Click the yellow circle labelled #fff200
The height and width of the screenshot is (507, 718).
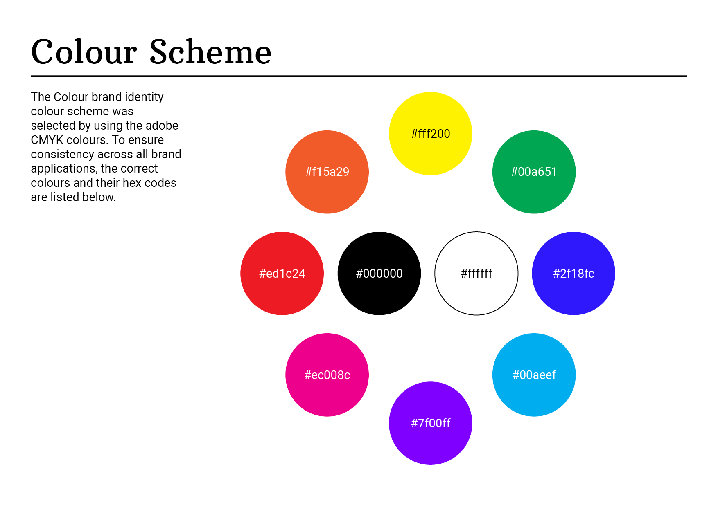pyautogui.click(x=430, y=134)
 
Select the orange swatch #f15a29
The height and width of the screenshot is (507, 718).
pyautogui.click(x=327, y=172)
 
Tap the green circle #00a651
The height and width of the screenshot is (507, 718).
pyautogui.click(x=534, y=172)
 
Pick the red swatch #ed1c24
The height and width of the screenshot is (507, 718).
pyautogui.click(x=282, y=273)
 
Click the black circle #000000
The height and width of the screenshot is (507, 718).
pyautogui.click(x=379, y=273)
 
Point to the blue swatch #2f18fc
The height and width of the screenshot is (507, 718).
pyautogui.click(x=573, y=273)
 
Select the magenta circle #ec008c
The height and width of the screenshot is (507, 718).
pyautogui.click(x=327, y=375)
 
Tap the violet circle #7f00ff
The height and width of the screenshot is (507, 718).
pyautogui.click(x=430, y=423)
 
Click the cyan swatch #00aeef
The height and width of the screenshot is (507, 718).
pyautogui.click(x=534, y=375)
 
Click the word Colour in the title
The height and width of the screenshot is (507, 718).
pyautogui.click(x=84, y=52)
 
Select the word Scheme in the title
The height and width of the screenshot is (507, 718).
pyautogui.click(x=210, y=52)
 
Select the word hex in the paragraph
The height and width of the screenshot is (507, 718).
pyautogui.click(x=131, y=183)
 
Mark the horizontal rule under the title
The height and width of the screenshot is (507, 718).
pyautogui.click(x=359, y=76)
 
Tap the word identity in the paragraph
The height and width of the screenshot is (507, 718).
pyautogui.click(x=144, y=97)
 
